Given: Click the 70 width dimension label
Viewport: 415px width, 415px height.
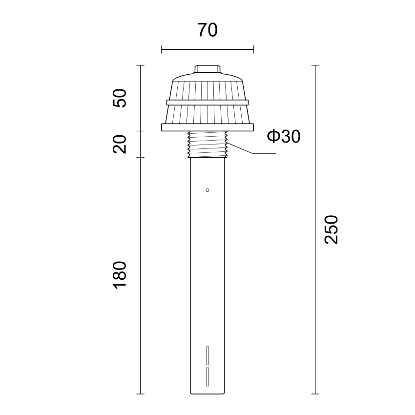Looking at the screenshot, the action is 207,30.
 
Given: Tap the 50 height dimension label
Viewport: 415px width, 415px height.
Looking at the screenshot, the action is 120,98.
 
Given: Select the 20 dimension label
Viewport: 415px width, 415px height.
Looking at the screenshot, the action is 120,144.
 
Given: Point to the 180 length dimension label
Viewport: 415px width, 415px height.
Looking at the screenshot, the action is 120,275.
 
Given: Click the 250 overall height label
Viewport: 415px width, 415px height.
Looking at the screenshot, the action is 332,229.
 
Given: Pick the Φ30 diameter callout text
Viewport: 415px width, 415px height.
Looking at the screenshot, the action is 284,137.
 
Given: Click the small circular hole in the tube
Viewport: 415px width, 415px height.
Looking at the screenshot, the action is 207,190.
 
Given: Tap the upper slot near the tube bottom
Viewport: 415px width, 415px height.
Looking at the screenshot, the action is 207,355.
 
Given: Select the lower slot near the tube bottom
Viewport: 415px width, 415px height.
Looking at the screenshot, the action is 207,376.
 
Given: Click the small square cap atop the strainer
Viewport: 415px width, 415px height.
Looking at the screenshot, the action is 207,69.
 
